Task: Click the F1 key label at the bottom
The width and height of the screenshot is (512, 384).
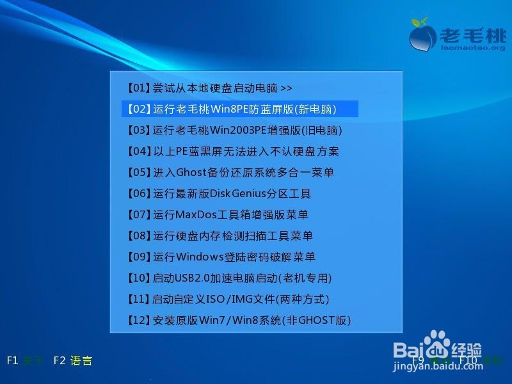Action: click(12, 360)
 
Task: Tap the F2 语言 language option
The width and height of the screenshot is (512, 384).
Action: click(73, 360)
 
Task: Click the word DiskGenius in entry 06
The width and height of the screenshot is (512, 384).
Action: click(239, 194)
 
